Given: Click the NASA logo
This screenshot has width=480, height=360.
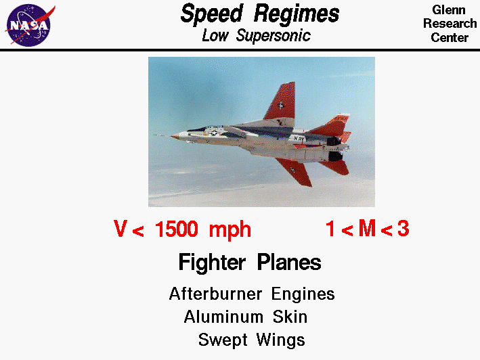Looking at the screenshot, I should coord(28,24).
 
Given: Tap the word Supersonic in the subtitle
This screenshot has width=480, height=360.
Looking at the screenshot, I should coord(274,36).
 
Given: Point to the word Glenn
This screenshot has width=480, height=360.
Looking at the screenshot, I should coord(449,9).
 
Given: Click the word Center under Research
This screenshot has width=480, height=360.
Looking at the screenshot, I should coord(450,38).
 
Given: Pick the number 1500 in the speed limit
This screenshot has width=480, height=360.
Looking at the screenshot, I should coord(176,230).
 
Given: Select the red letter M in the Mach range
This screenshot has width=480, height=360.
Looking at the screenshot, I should coord(367,229).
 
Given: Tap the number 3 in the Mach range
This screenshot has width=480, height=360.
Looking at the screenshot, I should coord(403,229).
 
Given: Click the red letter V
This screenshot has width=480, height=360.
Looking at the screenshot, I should coord(121,230).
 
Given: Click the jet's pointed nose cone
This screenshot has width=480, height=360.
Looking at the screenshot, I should coord(175,136).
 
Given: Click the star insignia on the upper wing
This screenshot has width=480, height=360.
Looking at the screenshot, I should coord(280,104).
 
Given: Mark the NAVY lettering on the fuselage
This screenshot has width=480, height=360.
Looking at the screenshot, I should coord(300,137).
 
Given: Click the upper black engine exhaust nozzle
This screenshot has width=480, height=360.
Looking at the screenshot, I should coord(332,141).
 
